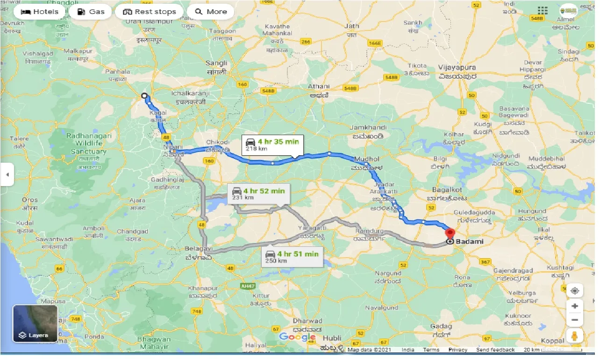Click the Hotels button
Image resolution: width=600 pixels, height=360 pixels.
click(x=40, y=12)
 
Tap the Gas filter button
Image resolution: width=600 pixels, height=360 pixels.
click(x=91, y=12)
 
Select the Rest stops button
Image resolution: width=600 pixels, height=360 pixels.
click(x=150, y=12)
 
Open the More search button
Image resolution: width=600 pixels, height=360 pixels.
click(x=210, y=12)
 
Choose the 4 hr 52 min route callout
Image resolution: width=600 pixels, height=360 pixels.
click(x=258, y=194)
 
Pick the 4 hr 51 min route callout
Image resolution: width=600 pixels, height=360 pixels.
click(x=292, y=257)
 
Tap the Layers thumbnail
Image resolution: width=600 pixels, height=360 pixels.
click(x=35, y=323)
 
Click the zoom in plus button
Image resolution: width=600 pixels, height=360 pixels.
click(x=575, y=306)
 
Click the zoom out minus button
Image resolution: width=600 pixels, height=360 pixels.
click(x=575, y=320)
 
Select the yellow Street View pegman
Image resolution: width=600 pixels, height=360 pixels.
click(x=575, y=336)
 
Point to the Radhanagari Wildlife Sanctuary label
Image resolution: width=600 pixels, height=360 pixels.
click(x=89, y=144)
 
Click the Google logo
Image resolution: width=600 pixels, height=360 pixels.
click(x=297, y=337)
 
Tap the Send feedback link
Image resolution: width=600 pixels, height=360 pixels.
click(x=495, y=350)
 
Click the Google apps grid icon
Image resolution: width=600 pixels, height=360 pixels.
click(x=542, y=10)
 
